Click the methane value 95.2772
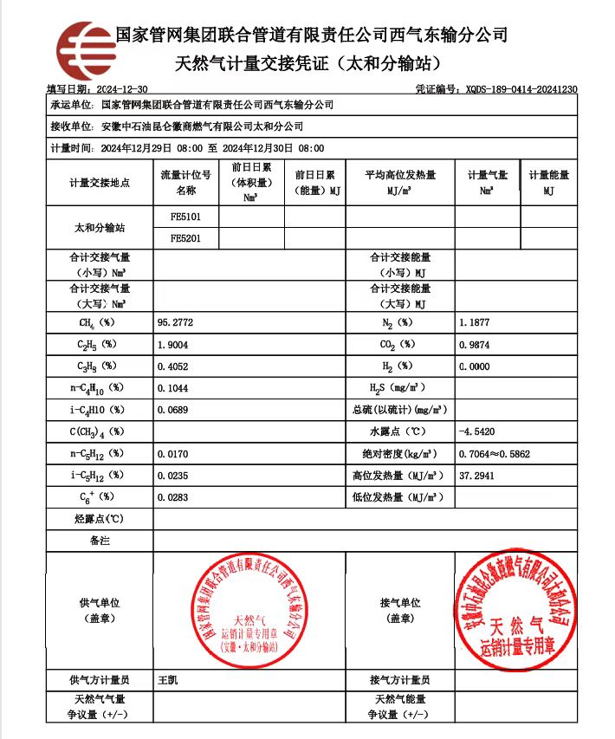click(175, 322)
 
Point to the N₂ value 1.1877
click(476, 322)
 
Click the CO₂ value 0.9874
click(476, 344)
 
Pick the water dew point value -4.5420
click(478, 431)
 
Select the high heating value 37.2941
click(478, 476)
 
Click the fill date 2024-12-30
click(119, 89)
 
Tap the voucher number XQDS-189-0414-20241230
click(508, 89)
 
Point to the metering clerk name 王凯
click(168, 680)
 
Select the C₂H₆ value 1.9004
click(175, 344)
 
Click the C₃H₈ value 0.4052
click(175, 366)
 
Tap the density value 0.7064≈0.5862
click(495, 453)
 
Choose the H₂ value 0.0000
click(476, 366)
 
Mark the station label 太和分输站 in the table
click(100, 228)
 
